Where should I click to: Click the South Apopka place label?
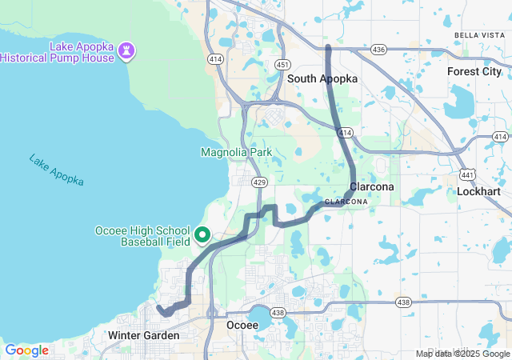tap(322, 79)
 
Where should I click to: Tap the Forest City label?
tap(474, 71)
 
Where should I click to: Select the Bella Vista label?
tap(478, 35)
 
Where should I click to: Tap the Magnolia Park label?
tap(236, 152)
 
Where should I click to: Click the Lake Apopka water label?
tap(56, 170)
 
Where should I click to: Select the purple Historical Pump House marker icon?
tap(126, 50)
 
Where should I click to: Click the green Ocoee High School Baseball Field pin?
tap(202, 234)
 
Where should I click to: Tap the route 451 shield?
tap(282, 65)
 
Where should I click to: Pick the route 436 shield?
tap(378, 50)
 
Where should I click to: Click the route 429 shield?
tap(258, 182)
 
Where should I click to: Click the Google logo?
tap(26, 350)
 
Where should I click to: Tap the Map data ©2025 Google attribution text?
tap(462, 354)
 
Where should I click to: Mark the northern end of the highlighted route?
tap(329, 48)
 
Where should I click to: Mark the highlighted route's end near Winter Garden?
tap(159, 308)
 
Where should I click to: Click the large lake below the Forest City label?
tap(463, 101)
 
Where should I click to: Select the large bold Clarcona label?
tap(371, 186)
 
